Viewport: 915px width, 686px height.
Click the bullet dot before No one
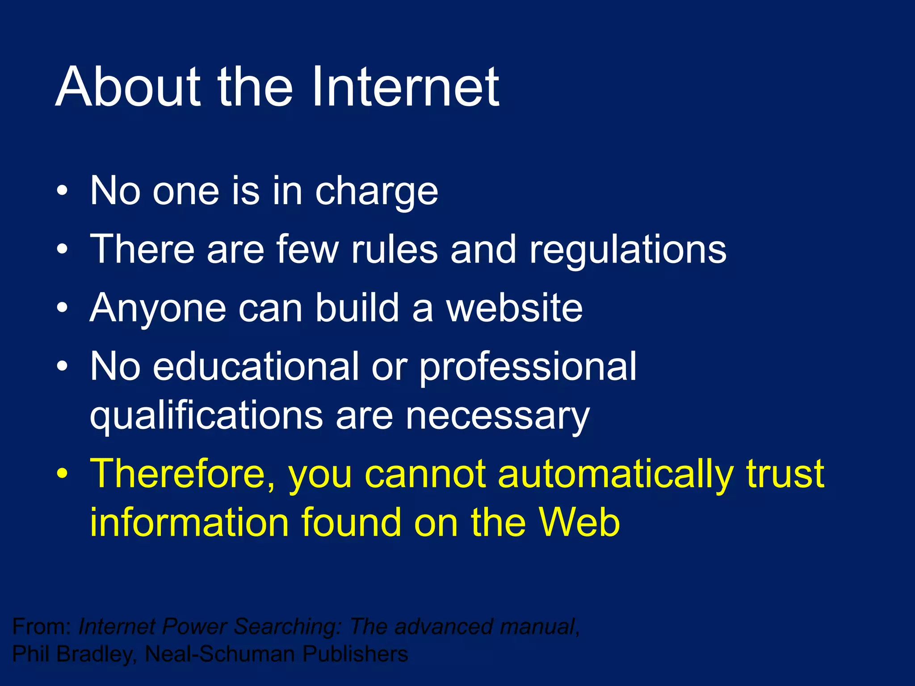pos(63,191)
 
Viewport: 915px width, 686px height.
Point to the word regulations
pos(628,250)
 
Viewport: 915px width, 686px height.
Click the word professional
pos(527,367)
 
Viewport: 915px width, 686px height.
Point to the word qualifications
pos(206,416)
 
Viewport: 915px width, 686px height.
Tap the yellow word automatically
pos(616,474)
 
